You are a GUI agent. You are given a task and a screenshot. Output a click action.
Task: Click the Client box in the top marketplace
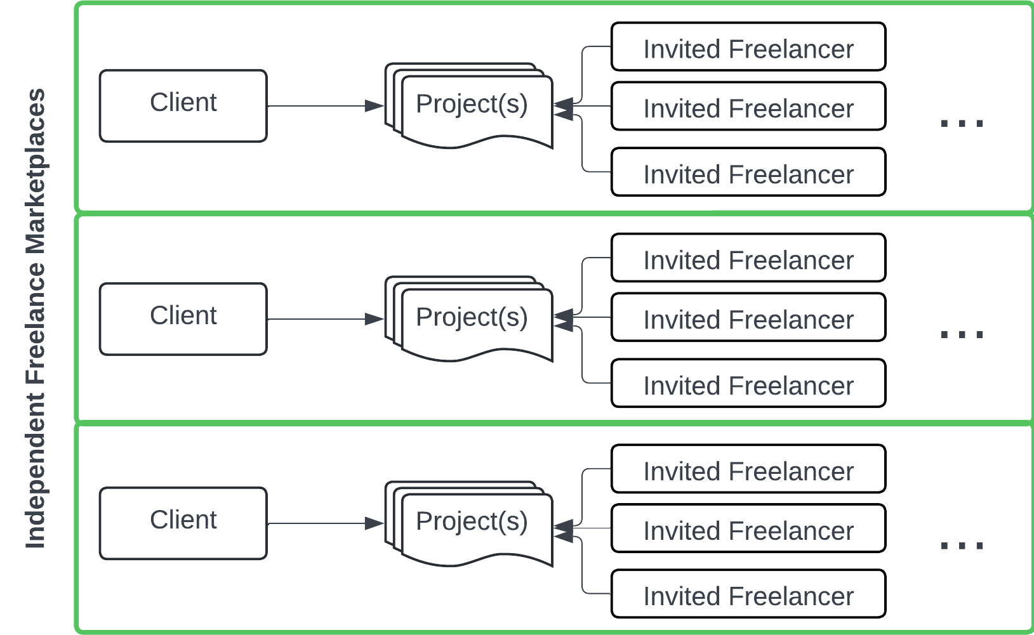(x=183, y=105)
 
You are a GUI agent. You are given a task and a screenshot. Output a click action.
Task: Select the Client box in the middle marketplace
(x=183, y=318)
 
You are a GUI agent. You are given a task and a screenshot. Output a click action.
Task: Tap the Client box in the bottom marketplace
(x=183, y=523)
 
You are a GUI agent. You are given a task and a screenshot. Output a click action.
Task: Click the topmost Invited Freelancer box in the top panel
(x=748, y=47)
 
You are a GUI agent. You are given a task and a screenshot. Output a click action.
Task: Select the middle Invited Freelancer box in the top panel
(x=748, y=106)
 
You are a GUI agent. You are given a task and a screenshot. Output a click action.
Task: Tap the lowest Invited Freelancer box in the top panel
(x=748, y=172)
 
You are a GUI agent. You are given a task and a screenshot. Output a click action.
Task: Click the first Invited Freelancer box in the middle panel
(x=748, y=258)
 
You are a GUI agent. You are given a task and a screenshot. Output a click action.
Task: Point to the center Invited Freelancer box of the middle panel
(x=748, y=317)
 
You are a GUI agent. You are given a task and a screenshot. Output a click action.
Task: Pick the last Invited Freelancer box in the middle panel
(x=748, y=383)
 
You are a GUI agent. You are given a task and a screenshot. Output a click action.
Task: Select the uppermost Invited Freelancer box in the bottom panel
(x=748, y=469)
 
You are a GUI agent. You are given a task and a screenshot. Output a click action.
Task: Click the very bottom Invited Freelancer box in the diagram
(x=748, y=594)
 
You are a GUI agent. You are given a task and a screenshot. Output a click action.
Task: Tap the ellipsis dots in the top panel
(x=962, y=123)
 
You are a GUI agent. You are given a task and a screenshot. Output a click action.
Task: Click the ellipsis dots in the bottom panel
(x=962, y=546)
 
